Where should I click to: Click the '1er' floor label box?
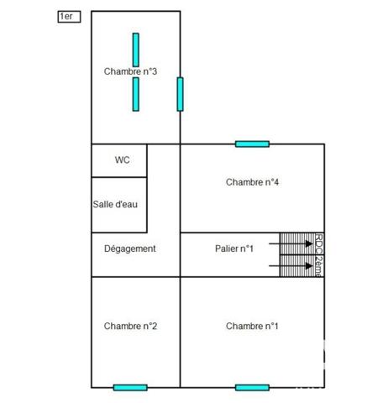pyautogui.click(x=69, y=17)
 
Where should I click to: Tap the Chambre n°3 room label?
pyautogui.click(x=130, y=71)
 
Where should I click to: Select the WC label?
pyautogui.click(x=123, y=160)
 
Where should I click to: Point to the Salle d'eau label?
pyautogui.click(x=115, y=204)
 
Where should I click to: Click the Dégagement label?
pyautogui.click(x=130, y=249)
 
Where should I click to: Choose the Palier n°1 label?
pyautogui.click(x=234, y=249)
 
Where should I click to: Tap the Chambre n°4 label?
pyautogui.click(x=252, y=182)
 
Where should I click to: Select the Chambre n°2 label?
pyautogui.click(x=130, y=326)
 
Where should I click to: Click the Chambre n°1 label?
pyautogui.click(x=252, y=326)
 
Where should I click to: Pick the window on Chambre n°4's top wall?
pyautogui.click(x=252, y=144)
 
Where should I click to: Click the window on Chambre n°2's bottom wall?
pyautogui.click(x=130, y=388)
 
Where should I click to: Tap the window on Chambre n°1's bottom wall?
pyautogui.click(x=252, y=388)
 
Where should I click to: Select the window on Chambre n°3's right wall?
pyautogui.click(x=180, y=94)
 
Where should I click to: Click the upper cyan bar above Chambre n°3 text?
pyautogui.click(x=136, y=50)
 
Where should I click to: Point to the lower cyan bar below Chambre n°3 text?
pyautogui.click(x=136, y=94)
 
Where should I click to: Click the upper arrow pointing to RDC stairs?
pyautogui.click(x=291, y=243)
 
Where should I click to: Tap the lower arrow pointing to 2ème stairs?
pyautogui.click(x=291, y=266)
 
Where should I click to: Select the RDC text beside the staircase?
pyautogui.click(x=319, y=243)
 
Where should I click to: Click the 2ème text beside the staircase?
pyautogui.click(x=319, y=266)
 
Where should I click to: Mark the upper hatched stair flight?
pyautogui.click(x=297, y=243)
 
